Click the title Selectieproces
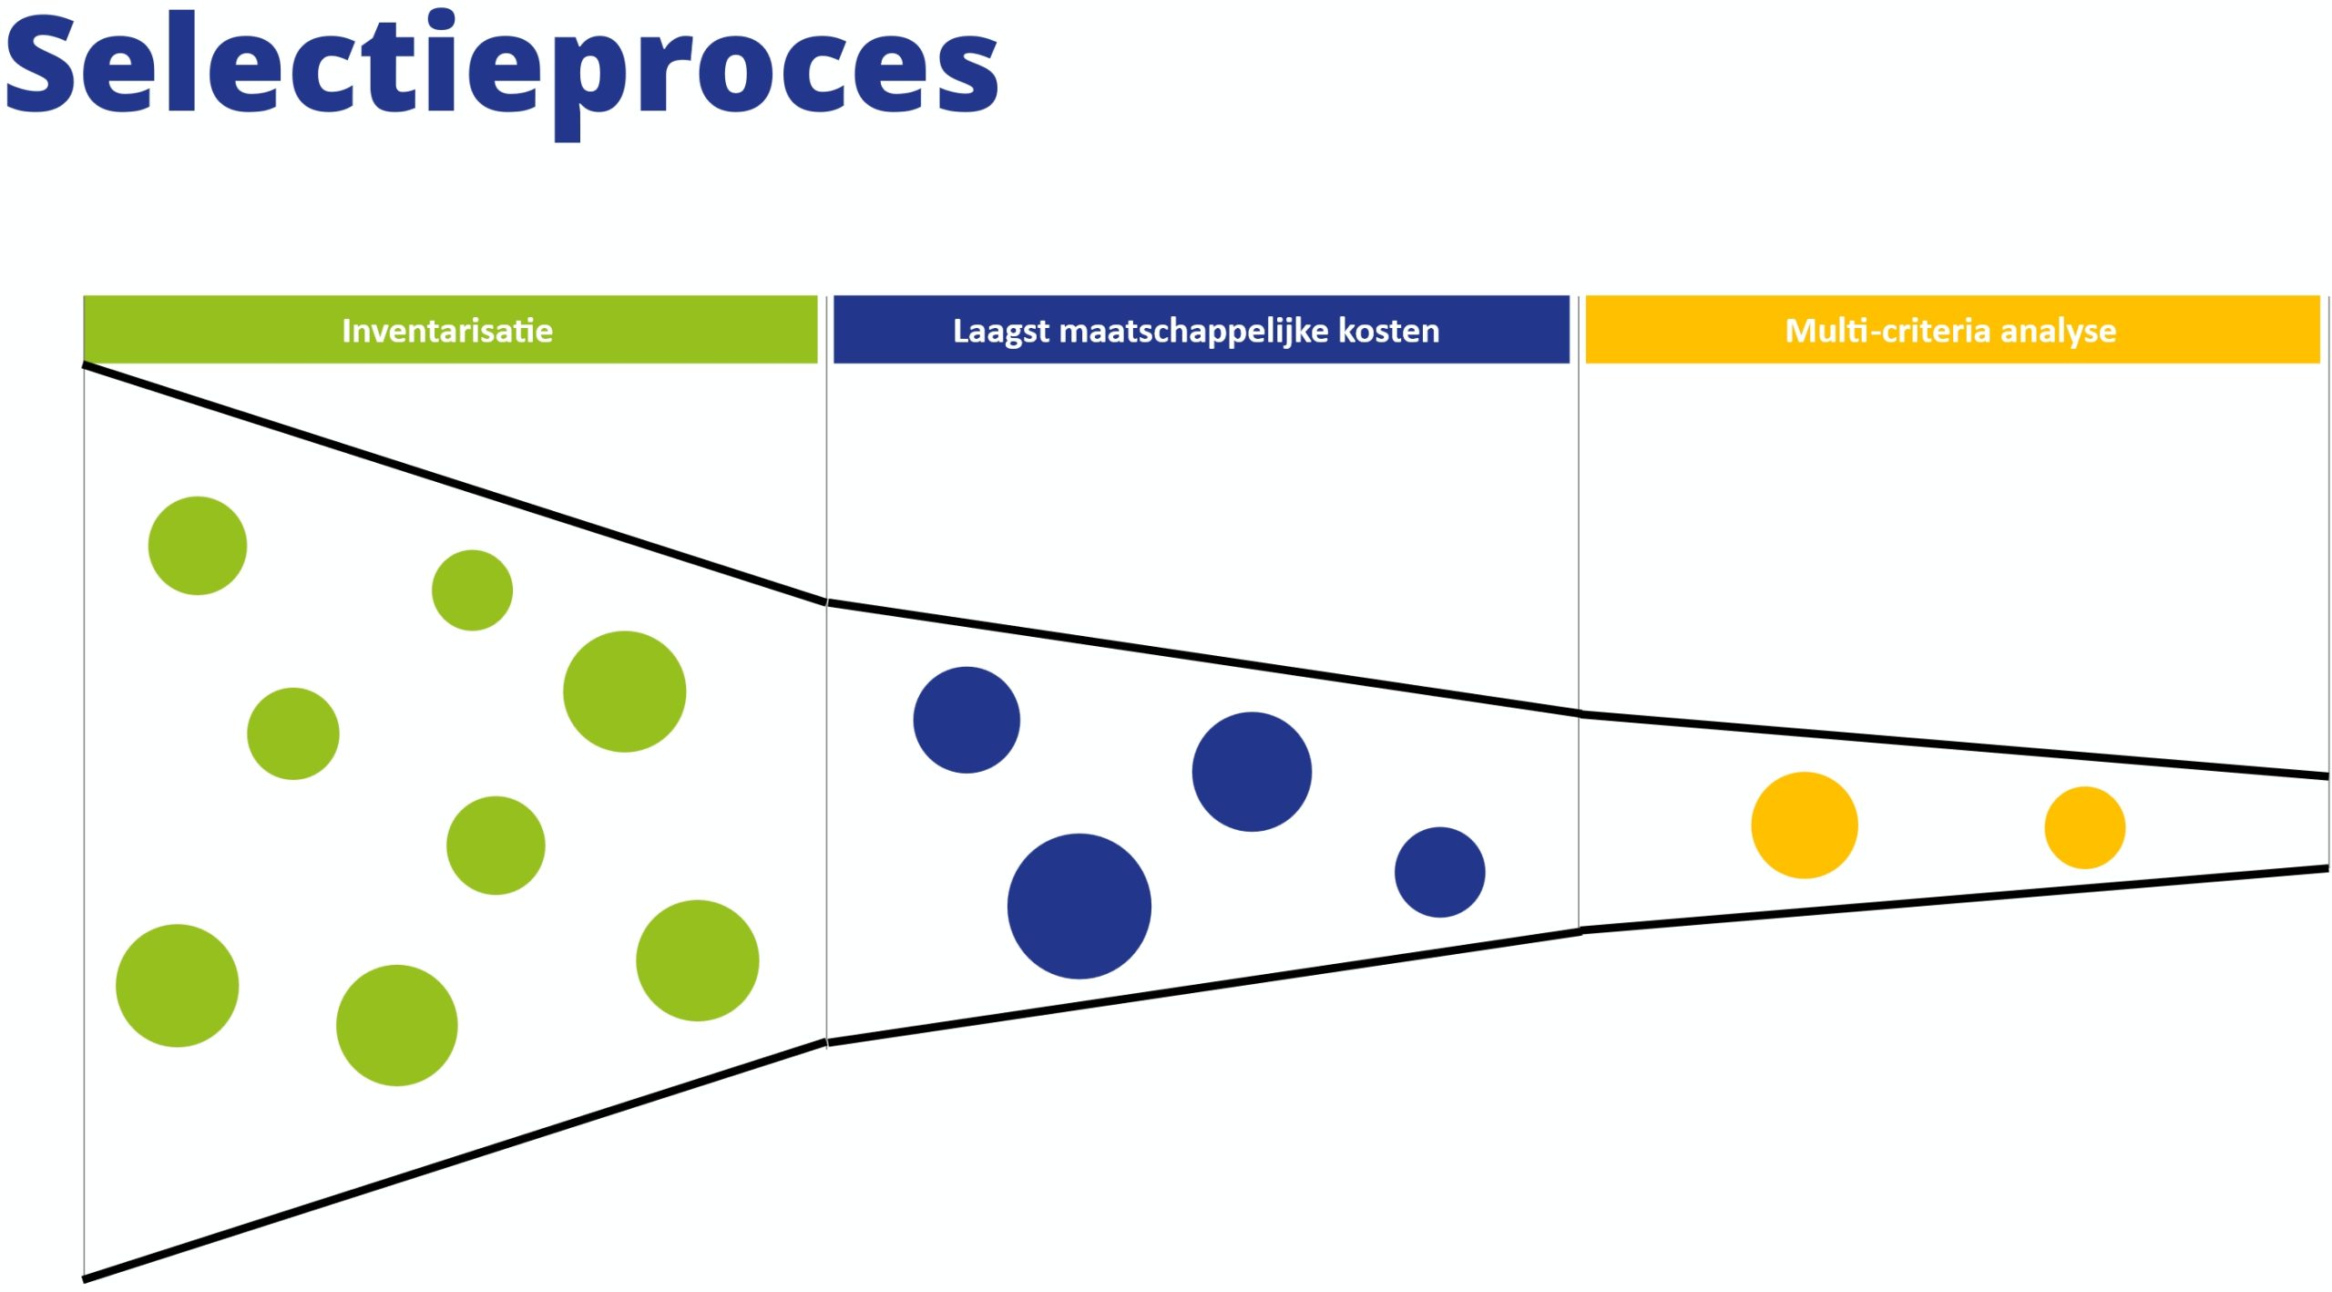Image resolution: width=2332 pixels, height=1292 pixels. point(501,68)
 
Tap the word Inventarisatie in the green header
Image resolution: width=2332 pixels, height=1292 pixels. point(447,330)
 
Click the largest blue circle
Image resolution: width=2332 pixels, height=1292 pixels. point(1079,906)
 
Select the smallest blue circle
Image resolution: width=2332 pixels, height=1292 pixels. point(1439,872)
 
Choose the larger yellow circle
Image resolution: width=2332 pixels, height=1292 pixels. point(1804,825)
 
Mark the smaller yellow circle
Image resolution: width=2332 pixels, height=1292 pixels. point(2084,827)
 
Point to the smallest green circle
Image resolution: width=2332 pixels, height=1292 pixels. point(472,590)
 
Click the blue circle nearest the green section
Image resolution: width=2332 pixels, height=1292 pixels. point(967,720)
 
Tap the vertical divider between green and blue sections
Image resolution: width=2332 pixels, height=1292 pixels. point(826,820)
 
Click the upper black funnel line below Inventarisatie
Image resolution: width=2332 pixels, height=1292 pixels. point(455,484)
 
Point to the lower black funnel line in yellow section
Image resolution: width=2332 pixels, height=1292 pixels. point(1959,898)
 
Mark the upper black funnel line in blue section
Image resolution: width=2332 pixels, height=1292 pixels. point(1202,658)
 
